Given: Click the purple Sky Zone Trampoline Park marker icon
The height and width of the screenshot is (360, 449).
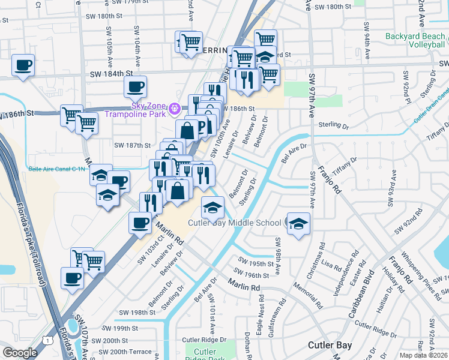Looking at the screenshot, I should (175, 109).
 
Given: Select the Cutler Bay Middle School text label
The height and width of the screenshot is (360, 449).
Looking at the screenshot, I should (235, 223).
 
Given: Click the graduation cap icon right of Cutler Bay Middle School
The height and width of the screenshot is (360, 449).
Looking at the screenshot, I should (298, 223).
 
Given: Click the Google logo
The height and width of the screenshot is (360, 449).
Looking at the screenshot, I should (19, 353).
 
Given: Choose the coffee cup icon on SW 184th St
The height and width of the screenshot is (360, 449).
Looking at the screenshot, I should (135, 86).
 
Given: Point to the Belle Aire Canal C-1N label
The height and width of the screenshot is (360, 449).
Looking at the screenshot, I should (57, 170).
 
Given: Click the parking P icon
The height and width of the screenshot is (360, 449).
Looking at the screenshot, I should (202, 125).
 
